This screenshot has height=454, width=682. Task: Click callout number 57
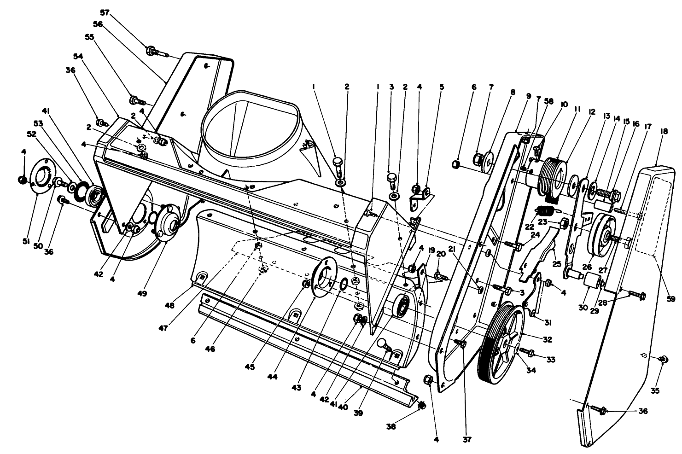pos(105,12)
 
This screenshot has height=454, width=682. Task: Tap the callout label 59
pos(670,299)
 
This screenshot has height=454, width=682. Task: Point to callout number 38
pos(391,426)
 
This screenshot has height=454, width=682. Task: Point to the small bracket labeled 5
pos(420,197)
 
